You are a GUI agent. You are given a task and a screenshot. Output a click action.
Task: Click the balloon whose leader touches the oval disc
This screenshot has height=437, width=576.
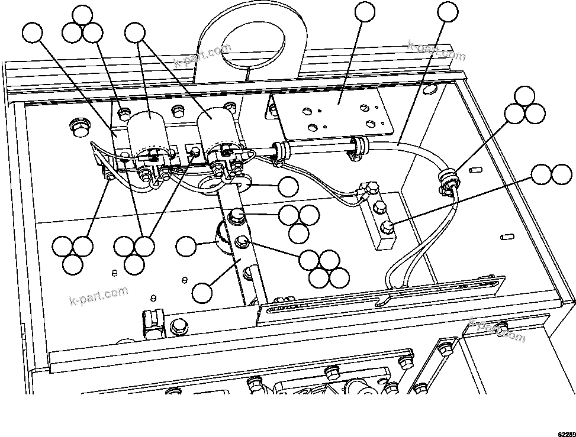click(288, 187)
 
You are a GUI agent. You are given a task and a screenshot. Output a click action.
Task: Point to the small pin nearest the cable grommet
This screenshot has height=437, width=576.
click(473, 170)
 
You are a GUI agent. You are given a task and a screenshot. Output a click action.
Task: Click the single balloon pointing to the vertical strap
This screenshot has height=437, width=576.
click(203, 292)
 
